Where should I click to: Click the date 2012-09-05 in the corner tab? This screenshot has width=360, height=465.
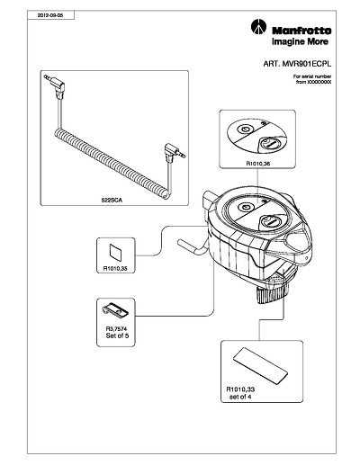(50, 15)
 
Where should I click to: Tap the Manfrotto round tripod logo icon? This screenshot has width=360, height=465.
(258, 27)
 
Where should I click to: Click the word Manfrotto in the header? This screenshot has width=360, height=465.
(301, 31)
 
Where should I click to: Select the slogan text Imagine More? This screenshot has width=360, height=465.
(300, 41)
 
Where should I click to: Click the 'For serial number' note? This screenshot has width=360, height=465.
(312, 76)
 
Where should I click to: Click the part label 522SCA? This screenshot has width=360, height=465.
(112, 201)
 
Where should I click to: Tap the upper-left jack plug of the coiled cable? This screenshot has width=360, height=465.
(56, 85)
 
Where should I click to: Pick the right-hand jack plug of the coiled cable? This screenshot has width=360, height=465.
(175, 152)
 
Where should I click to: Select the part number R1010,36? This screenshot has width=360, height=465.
(258, 164)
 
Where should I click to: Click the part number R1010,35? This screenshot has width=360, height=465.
(115, 268)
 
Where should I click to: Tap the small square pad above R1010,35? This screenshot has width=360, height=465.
(116, 252)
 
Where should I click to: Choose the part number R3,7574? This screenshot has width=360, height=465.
(116, 329)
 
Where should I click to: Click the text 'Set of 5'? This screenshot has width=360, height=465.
(117, 335)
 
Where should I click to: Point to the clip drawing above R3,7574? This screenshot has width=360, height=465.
(115, 310)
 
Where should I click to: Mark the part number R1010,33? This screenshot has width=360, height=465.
(240, 389)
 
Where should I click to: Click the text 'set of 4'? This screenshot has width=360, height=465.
(240, 397)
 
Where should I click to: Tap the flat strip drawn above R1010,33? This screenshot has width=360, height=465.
(260, 365)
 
